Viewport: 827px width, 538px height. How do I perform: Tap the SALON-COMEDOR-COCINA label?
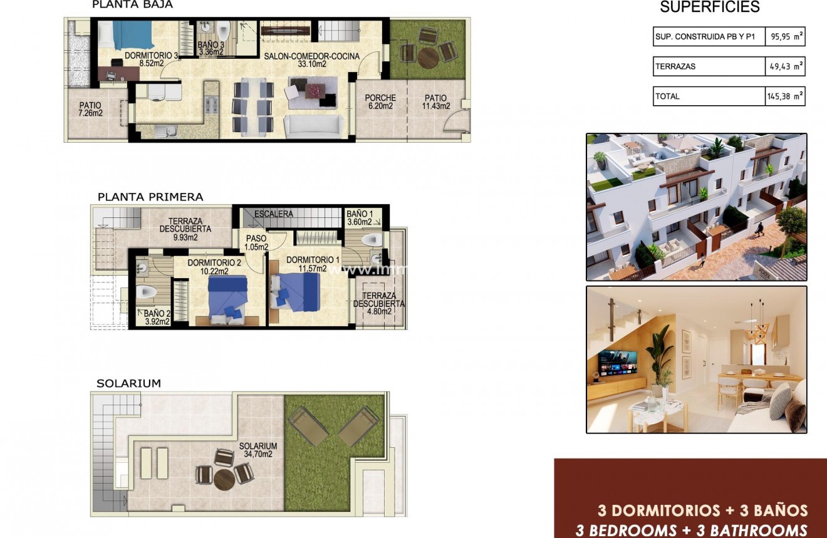pos(311,60)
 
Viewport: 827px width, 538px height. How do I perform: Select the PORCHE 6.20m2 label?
pos(380,102)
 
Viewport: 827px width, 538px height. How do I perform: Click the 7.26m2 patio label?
pos(90,110)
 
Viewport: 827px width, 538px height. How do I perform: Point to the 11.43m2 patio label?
pos(435,102)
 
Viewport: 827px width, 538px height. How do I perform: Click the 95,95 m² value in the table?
pos(785,37)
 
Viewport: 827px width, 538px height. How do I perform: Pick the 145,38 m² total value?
pos(785,96)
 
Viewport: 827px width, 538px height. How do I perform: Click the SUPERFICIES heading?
pos(710,8)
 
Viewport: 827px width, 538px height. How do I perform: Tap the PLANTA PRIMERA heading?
pos(150,197)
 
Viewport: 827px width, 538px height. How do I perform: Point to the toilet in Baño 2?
pos(146,292)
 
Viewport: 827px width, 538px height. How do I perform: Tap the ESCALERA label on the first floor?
pos(273,214)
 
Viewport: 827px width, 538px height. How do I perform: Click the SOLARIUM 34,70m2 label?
pos(257,450)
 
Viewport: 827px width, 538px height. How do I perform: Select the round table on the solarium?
pos(224,479)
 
